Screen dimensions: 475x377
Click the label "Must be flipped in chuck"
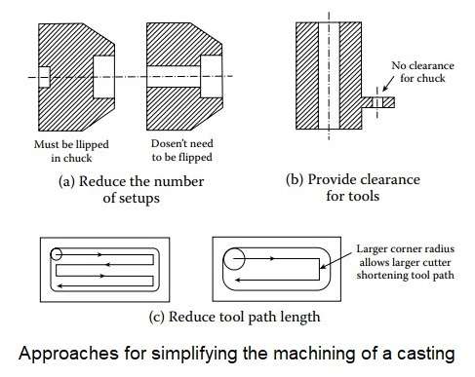pyautogui.click(x=71, y=151)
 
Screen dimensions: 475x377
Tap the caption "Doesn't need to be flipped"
pyautogui.click(x=182, y=150)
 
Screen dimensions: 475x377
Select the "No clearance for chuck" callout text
pyautogui.click(x=422, y=72)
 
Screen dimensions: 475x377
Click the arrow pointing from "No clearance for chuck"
pyautogui.click(x=388, y=84)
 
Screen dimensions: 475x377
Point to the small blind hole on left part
pyautogui.click(x=44, y=77)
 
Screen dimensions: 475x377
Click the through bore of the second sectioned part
pyautogui.click(x=174, y=77)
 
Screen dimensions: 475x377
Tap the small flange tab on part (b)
pyautogui.click(x=378, y=102)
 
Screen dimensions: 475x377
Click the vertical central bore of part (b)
pyautogui.click(x=329, y=76)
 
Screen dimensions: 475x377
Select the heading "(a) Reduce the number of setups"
pyautogui.click(x=131, y=189)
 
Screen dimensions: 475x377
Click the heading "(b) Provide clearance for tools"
pyautogui.click(x=353, y=188)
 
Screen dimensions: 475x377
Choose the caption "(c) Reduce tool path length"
pyautogui.click(x=234, y=317)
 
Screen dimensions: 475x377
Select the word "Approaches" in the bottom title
pyautogui.click(x=68, y=354)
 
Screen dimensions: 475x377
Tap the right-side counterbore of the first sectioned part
pyautogui.click(x=104, y=77)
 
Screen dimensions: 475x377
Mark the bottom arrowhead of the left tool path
pyautogui.click(x=59, y=286)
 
